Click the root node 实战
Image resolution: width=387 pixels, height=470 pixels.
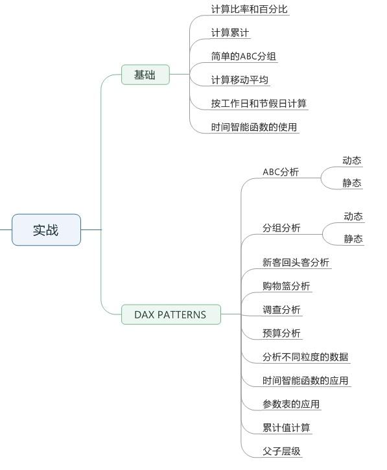click(x=46, y=230)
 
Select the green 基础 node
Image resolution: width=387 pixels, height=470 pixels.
click(x=145, y=75)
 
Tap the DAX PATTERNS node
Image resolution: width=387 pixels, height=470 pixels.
click(x=171, y=314)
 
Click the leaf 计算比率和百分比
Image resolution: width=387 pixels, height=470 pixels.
click(x=250, y=9)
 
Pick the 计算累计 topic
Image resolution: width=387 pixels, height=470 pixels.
click(x=230, y=32)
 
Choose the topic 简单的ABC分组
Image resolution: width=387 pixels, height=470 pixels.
click(x=243, y=56)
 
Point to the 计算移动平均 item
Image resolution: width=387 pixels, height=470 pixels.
click(x=239, y=80)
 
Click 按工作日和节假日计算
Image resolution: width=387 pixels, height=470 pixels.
click(x=259, y=104)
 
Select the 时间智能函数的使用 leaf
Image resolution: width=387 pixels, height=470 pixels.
click(x=254, y=127)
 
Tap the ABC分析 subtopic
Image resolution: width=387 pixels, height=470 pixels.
click(x=281, y=172)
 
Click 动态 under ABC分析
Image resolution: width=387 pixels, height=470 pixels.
click(x=352, y=160)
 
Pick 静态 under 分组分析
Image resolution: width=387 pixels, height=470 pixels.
click(x=353, y=239)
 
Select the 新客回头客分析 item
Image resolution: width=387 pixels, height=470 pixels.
click(x=296, y=263)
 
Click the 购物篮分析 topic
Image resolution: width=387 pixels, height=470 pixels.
click(x=287, y=286)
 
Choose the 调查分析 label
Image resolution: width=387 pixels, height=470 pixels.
click(x=281, y=310)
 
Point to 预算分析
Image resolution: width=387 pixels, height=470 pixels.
click(x=281, y=333)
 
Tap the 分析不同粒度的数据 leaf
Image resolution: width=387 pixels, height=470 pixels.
click(x=305, y=357)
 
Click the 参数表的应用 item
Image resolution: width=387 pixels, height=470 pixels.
click(x=291, y=404)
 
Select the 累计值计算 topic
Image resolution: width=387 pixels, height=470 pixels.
click(x=287, y=428)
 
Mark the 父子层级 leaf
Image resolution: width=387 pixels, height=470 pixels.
click(x=281, y=451)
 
